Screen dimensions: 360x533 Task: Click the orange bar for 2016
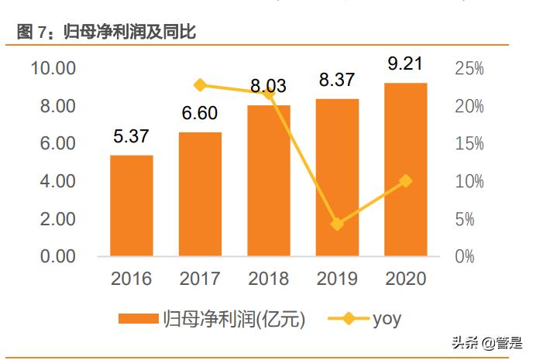point(131,205)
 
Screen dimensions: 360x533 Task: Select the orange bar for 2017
point(200,194)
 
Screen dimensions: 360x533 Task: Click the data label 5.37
point(132,138)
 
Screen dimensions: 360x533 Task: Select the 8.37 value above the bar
point(338,79)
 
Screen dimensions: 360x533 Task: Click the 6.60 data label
point(201,114)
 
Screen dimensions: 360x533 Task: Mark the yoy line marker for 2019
point(337,224)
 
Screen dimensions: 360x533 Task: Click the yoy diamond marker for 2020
point(405,181)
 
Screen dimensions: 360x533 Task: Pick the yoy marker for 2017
point(201,85)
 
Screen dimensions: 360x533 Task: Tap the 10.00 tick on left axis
point(53,68)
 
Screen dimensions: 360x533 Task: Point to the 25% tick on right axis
point(469,68)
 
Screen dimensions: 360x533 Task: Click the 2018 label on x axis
point(269,279)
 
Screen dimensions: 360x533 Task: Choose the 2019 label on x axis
point(337,279)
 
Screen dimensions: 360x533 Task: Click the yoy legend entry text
point(387,317)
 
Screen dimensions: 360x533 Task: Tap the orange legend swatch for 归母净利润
point(138,318)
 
